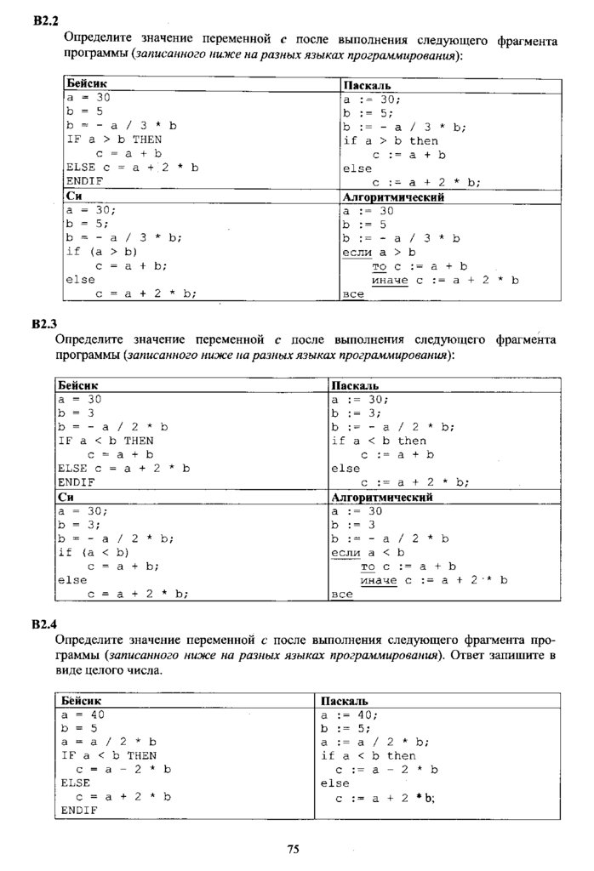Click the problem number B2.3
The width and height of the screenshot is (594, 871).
[43, 323]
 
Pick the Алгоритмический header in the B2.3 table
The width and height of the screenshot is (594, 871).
[381, 497]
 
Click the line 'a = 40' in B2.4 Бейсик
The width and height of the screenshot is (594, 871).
[83, 714]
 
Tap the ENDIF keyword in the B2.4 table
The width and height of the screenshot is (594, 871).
[79, 811]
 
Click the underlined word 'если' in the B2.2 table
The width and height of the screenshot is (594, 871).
[357, 253]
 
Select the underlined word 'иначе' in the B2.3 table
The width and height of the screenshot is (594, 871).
[378, 580]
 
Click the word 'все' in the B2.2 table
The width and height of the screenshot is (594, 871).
[353, 293]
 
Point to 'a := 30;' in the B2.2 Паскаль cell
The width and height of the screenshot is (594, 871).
[371, 99]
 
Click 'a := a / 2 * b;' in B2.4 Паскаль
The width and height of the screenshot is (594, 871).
[374, 742]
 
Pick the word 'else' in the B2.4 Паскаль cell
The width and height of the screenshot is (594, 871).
[335, 783]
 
